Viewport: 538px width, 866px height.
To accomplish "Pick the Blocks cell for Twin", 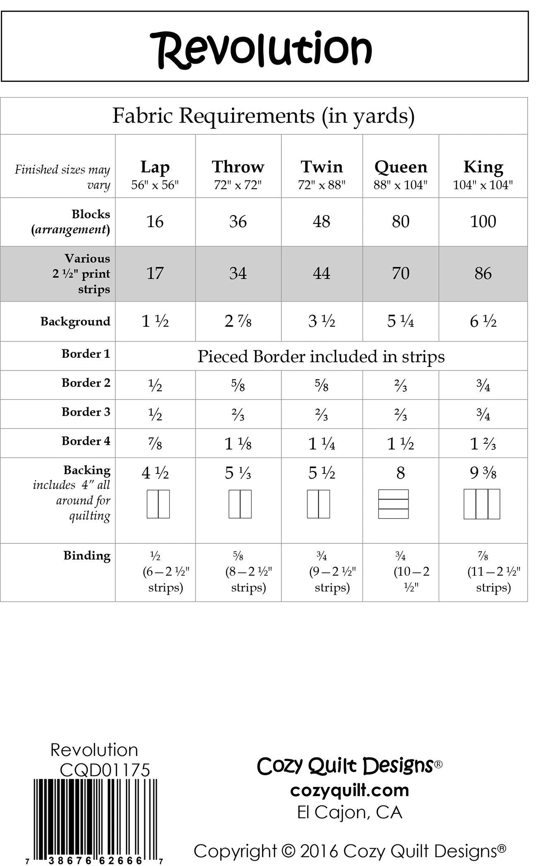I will coord(322,222).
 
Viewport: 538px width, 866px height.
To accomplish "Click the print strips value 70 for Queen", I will coord(400,273).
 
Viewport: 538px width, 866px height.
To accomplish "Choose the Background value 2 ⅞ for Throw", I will coord(238,321).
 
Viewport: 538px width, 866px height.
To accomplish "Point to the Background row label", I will coord(75,321).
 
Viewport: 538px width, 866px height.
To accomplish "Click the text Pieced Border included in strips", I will coord(321,356).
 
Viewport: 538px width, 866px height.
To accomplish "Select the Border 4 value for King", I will coord(483,444).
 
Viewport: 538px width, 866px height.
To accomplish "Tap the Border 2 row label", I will coord(86,383).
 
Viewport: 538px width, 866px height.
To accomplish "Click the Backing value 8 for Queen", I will coord(400,473).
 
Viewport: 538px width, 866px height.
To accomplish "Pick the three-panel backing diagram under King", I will coord(482,504).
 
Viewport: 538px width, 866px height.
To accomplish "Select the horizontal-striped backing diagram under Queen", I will coord(393,504).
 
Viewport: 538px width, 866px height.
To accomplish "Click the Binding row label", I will coord(87,555).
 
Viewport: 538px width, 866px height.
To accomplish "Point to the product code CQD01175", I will coord(105,770).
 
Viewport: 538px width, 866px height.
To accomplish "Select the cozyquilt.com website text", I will coord(349,790).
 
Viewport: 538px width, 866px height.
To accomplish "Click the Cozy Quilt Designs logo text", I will coord(345,766).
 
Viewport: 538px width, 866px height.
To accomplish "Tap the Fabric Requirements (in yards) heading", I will coord(263,116).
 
